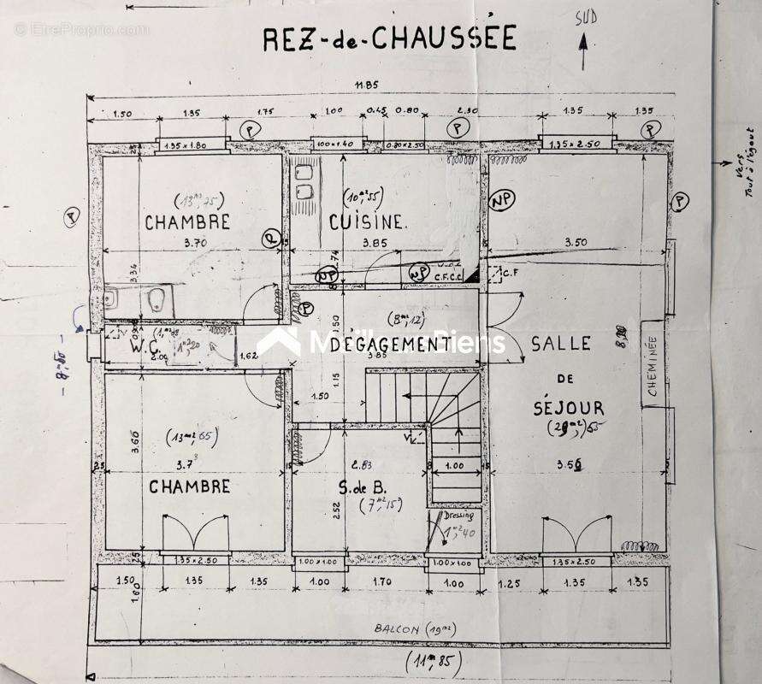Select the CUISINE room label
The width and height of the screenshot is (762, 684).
366,222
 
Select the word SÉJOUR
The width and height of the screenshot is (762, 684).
567,408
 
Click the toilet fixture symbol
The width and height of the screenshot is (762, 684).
157,299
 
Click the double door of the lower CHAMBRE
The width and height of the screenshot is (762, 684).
196,534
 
